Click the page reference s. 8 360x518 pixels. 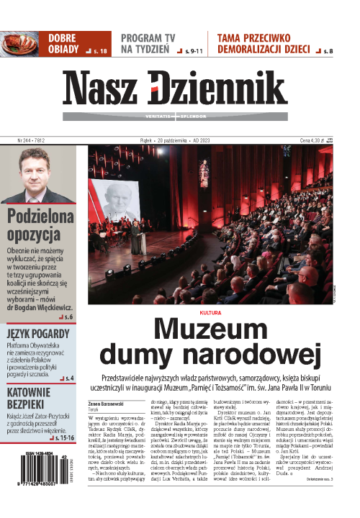tap(328, 51)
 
